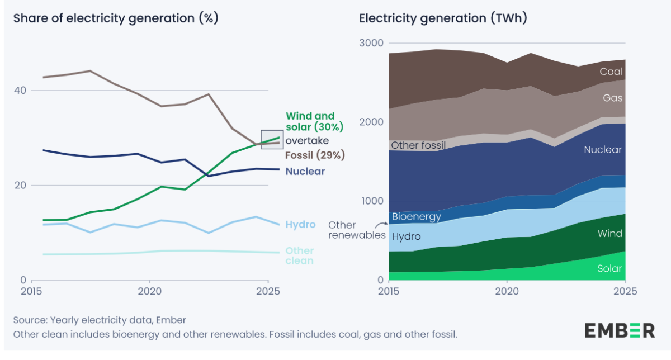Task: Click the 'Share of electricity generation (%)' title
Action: [x=116, y=18]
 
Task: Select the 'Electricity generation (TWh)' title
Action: [x=443, y=18]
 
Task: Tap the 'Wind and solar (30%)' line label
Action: [x=314, y=122]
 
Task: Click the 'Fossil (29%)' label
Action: [x=315, y=155]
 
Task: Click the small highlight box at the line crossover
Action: [x=272, y=139]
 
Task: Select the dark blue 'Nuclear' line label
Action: [x=305, y=171]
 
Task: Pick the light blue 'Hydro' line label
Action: [x=300, y=225]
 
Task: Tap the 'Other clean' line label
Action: [x=299, y=255]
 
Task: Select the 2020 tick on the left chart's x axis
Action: [x=150, y=292]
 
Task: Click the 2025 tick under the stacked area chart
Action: [x=625, y=292]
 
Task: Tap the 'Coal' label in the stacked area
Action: [x=611, y=72]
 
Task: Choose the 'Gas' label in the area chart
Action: [x=613, y=98]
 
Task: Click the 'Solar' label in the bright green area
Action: [x=609, y=268]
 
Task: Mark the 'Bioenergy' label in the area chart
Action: [x=416, y=216]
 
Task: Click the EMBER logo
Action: [x=620, y=330]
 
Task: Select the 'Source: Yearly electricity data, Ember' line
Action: [x=100, y=320]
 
